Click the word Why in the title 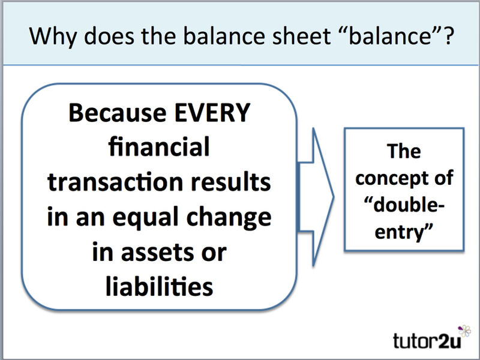pyautogui.click(x=53, y=37)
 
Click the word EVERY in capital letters pyautogui.click(x=212, y=113)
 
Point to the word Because pyautogui.click(x=118, y=113)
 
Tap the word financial pyautogui.click(x=159, y=146)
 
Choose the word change pyautogui.click(x=229, y=218)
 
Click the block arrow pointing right pyautogui.click(x=316, y=197)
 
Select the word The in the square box pyautogui.click(x=404, y=151)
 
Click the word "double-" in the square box pyautogui.click(x=404, y=205)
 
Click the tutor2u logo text pyautogui.click(x=427, y=341)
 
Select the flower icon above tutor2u pyautogui.click(x=464, y=331)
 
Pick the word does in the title pyautogui.click(x=109, y=35)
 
